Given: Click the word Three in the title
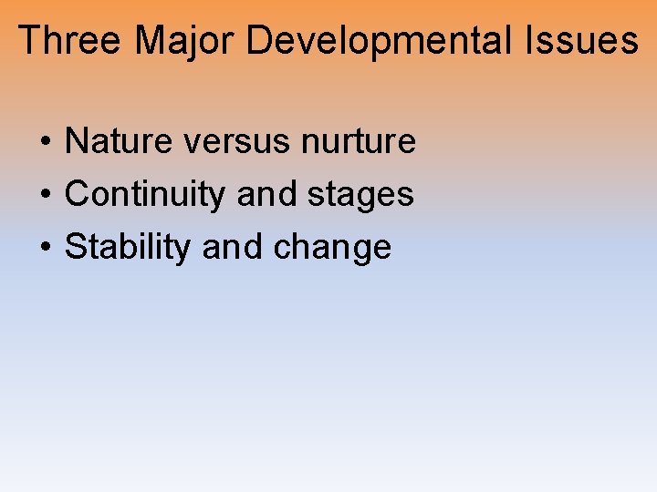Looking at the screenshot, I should pyautogui.click(x=70, y=41).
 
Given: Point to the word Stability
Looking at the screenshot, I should pyautogui.click(x=128, y=248).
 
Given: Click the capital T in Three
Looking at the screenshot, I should pyautogui.click(x=29, y=41).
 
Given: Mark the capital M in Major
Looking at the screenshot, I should pyautogui.click(x=151, y=41).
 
